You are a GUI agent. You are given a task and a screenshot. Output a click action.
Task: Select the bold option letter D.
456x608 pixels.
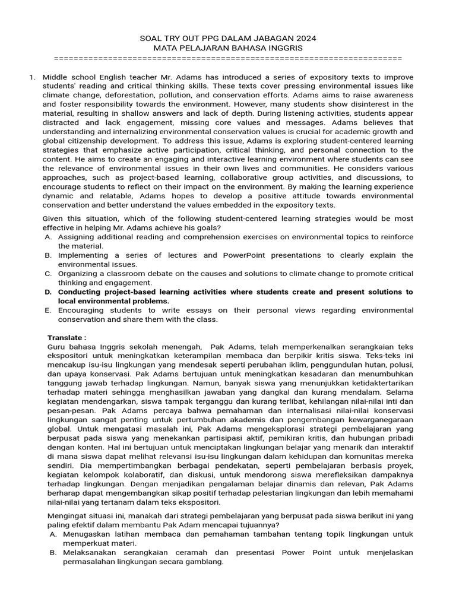[48, 292]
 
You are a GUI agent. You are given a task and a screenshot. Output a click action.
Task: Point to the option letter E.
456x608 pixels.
[48, 311]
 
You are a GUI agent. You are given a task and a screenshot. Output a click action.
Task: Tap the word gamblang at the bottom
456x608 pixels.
[204, 562]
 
